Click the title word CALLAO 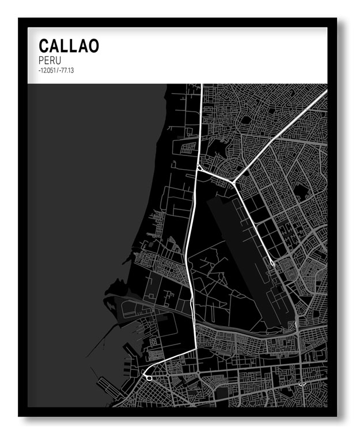(x=69, y=46)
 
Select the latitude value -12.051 (x=48, y=70)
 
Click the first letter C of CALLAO (x=44, y=46)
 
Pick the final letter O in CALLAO (x=93, y=46)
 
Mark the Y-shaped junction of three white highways (x=234, y=183)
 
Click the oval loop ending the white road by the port (x=148, y=377)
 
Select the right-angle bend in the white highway (x=196, y=348)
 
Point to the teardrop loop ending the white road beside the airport (x=272, y=264)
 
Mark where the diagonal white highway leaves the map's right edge (x=325, y=91)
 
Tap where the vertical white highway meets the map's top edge (x=201, y=86)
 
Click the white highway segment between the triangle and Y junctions (x=216, y=176)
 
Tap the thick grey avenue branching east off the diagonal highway (x=300, y=140)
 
